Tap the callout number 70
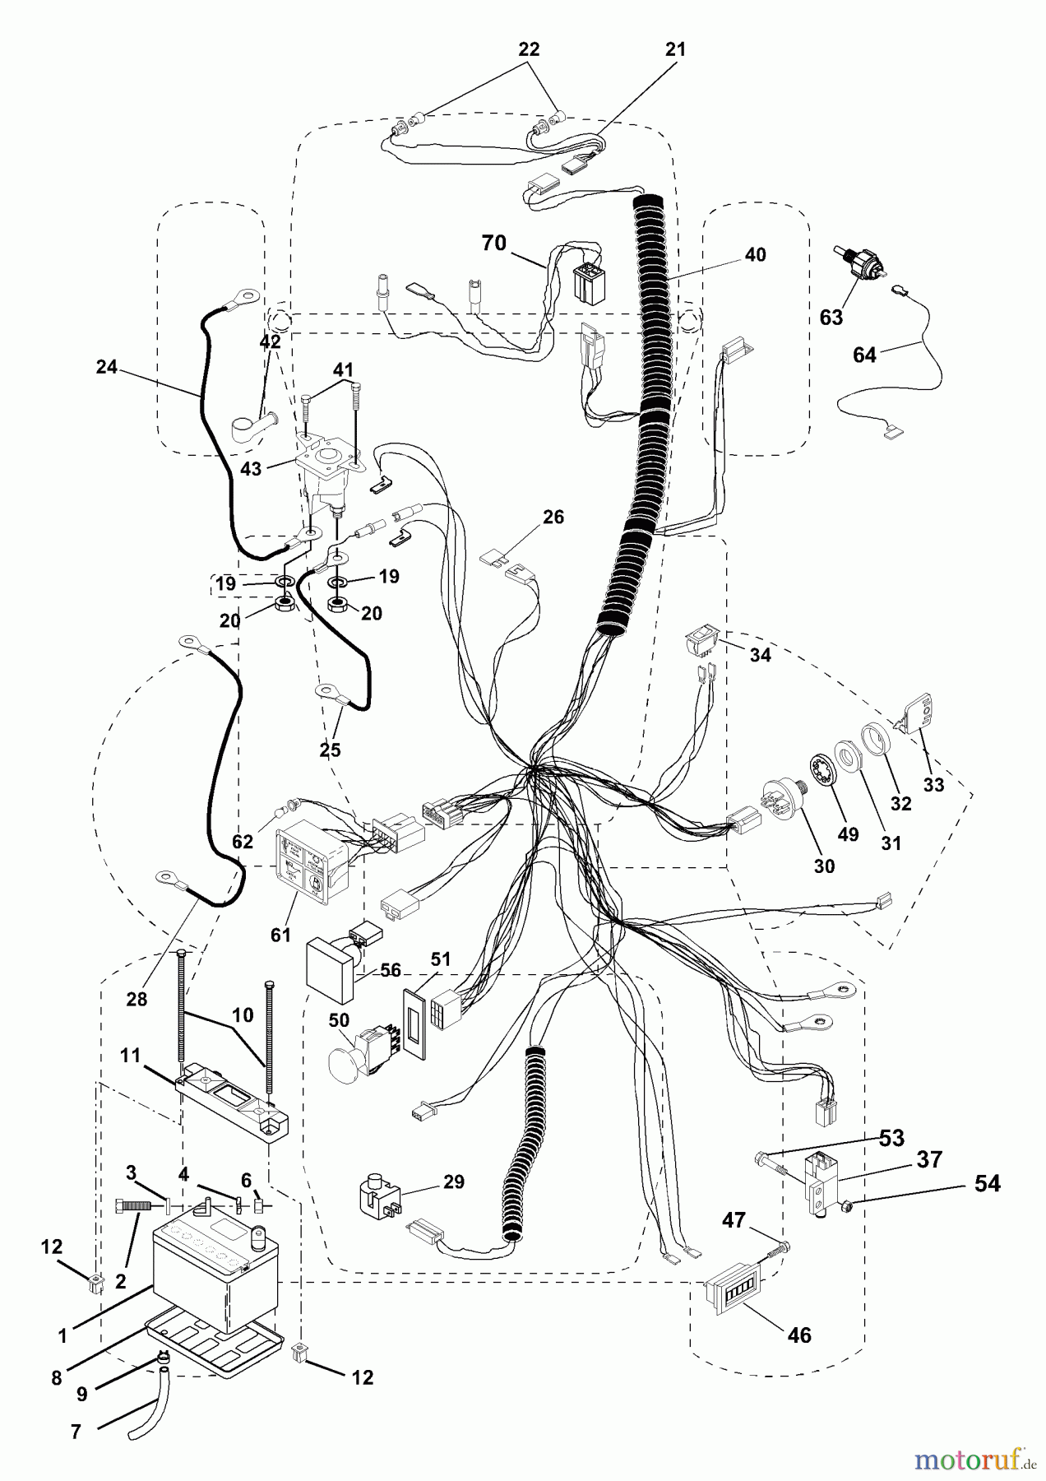[494, 244]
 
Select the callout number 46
[799, 1335]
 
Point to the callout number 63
[831, 317]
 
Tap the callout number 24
[107, 367]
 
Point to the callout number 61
[281, 935]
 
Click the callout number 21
[674, 49]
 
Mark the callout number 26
[553, 517]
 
